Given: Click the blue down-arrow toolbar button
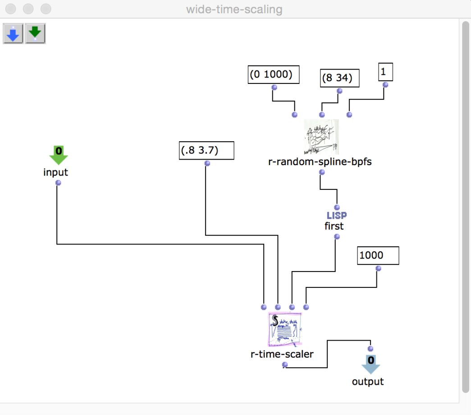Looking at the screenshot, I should coord(13,34).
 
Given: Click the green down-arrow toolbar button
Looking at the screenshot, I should coord(35,34).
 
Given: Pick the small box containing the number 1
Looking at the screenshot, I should coord(385,72).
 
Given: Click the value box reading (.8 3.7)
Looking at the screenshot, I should coord(206,150).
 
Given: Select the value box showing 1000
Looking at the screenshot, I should coord(378,255).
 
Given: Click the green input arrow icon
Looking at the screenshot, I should coord(58,155).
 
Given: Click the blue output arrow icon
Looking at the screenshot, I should coord(370,364).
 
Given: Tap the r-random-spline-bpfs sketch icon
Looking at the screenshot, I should coord(321,137).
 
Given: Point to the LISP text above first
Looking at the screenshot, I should coord(337,216).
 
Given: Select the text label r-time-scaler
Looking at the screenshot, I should coord(282,354).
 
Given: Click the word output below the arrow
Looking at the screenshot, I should coord(368,382).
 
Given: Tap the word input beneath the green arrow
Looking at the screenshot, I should coord(56,172).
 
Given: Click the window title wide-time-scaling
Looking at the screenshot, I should coord(234,9).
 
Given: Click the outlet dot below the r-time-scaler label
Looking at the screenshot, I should coord(284,364).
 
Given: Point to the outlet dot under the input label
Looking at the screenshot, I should coord(58,183).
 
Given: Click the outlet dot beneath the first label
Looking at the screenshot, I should coord(337,236).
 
